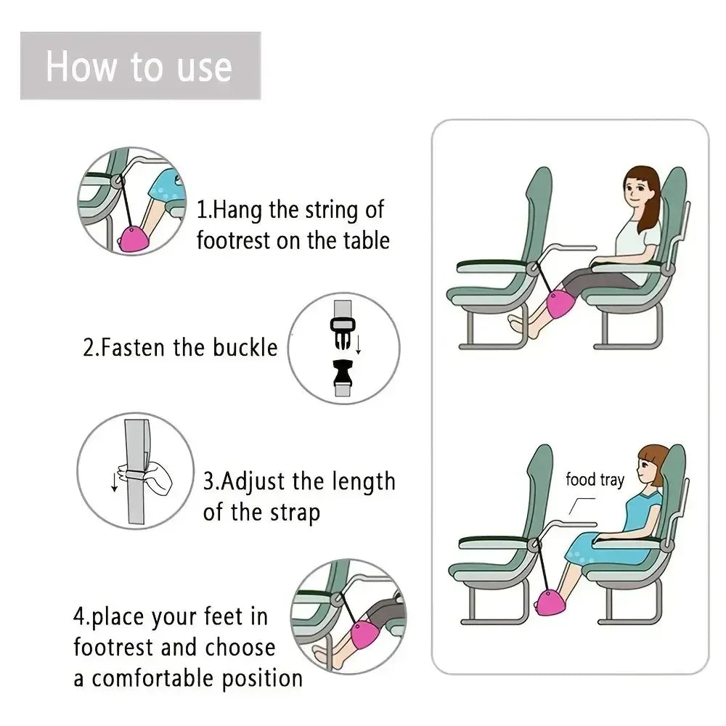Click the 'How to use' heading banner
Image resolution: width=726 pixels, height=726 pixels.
[139, 66]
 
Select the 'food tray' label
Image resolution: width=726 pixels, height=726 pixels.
[595, 479]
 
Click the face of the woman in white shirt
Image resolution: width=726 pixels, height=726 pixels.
[638, 194]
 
